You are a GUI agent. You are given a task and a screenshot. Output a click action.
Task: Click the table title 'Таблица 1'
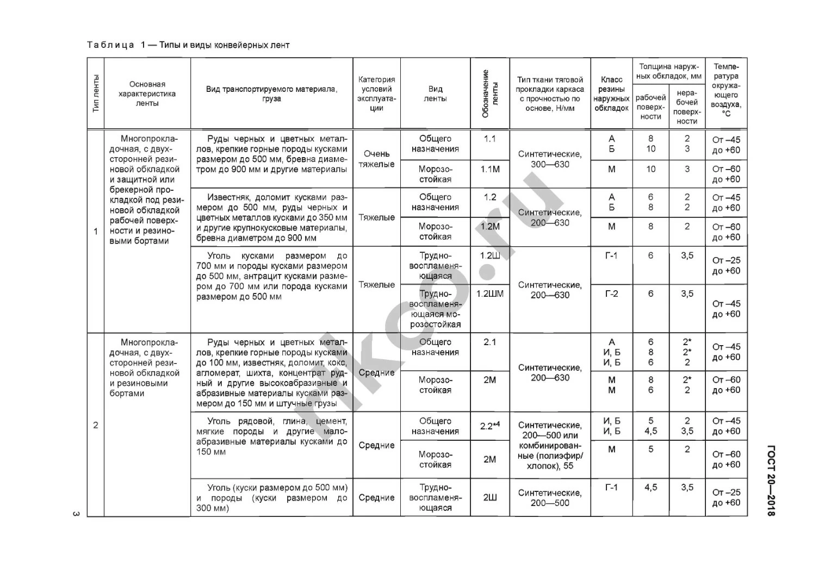pos(111,45)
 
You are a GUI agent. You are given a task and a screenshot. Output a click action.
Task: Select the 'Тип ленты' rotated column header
pos(96,93)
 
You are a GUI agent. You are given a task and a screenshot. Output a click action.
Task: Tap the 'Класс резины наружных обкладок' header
pos(611,93)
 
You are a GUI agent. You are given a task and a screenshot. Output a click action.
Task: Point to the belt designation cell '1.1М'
pos(489,170)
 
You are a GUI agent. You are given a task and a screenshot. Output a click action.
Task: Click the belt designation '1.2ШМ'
pos(489,294)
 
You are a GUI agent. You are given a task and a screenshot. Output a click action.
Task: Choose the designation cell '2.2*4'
pos(489,426)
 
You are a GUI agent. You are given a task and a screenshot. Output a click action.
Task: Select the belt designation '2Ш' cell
pos(489,497)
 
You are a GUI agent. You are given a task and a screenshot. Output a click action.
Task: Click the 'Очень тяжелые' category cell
pos(376,159)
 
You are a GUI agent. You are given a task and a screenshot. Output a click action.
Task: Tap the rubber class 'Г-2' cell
pos(611,294)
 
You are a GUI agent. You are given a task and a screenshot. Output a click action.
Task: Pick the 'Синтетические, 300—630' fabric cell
pos(550,159)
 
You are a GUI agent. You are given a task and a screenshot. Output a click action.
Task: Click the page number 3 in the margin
pos(76,514)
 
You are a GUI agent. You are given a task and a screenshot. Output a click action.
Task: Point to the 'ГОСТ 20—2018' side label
pos(771,480)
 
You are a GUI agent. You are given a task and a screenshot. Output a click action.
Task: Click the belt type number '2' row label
pos(96,425)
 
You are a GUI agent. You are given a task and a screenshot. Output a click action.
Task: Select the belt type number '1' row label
pos(96,232)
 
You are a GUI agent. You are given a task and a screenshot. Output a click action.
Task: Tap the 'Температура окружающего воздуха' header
pos(726,90)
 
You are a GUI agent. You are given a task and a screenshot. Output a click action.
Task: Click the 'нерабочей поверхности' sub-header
pos(687,107)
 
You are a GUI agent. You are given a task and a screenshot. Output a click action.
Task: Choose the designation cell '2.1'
pos(489,342)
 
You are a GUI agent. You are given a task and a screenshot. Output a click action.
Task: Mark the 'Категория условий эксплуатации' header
pos(376,93)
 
